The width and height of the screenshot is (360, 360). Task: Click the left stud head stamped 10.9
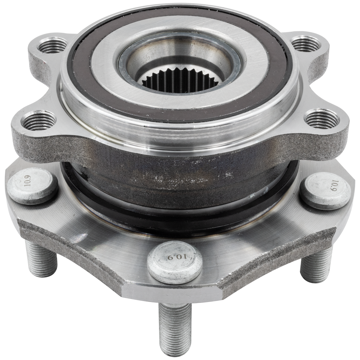[x=32, y=187]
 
